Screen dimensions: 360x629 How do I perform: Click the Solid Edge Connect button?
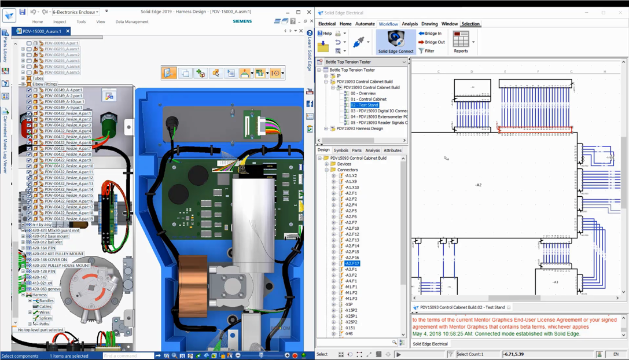[x=396, y=42]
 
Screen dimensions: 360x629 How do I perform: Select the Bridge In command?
[x=432, y=34]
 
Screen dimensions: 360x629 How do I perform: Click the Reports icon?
[x=461, y=42]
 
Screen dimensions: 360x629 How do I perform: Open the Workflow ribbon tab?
[x=388, y=24]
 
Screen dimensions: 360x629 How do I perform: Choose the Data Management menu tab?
[x=132, y=22]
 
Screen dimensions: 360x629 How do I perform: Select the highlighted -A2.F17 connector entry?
[x=351, y=263]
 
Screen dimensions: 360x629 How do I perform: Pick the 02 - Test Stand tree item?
[x=364, y=105]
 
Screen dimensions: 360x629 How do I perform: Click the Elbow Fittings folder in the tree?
[x=45, y=84]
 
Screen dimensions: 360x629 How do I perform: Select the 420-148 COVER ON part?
[x=50, y=260]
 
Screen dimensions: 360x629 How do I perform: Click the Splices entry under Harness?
[x=45, y=318]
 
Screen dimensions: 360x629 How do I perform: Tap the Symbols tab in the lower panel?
[x=341, y=150]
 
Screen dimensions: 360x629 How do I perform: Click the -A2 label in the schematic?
[x=478, y=185]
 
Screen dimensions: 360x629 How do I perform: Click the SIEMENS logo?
[x=242, y=21]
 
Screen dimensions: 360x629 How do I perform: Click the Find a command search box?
[x=128, y=355]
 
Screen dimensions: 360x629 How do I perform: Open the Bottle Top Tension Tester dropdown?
[x=404, y=62]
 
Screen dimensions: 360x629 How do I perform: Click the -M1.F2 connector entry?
[x=351, y=293]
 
